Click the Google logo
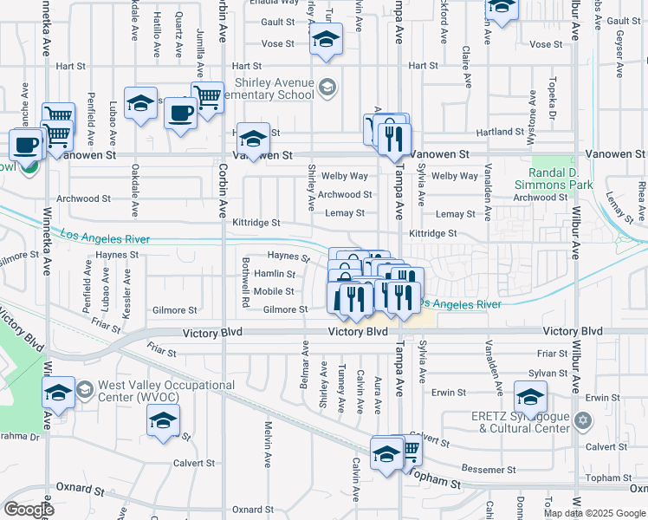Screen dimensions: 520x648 click(29, 509)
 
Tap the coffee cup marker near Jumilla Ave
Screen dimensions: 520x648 click(181, 114)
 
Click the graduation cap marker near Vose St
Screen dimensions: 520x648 click(326, 39)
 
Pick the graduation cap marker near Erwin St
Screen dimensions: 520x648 click(530, 396)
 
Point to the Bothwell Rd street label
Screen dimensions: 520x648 click(246, 285)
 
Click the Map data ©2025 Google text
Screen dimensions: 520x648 click(594, 513)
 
